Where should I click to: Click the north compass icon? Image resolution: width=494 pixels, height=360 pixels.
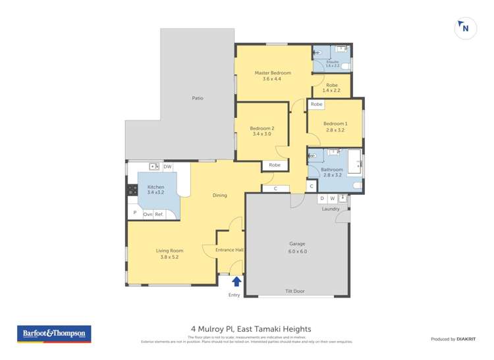coord(465,28)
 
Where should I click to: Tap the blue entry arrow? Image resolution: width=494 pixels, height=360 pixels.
coord(236,282)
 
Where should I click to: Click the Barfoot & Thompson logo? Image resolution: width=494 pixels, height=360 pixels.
coord(54,334)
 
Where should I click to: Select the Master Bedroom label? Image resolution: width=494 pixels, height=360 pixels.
coord(273,73)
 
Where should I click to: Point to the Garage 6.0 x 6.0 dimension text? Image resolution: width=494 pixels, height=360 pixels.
coord(297,251)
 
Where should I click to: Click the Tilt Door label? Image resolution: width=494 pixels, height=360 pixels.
coord(294,291)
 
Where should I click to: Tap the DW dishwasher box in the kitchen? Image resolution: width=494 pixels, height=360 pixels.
coord(167,167)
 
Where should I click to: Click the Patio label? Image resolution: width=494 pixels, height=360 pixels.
coord(198,98)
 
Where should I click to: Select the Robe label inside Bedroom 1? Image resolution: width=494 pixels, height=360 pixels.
coord(316,105)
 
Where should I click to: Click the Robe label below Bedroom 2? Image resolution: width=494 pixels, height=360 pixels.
coord(275,165)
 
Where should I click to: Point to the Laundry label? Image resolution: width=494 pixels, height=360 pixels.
coord(331,209)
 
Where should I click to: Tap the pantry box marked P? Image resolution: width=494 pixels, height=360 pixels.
coord(134,213)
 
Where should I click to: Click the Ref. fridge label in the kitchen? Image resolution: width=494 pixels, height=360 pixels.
coord(159,214)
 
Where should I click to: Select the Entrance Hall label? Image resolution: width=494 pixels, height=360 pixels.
coord(231,249)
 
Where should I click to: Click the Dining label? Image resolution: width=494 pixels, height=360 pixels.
coord(219,195)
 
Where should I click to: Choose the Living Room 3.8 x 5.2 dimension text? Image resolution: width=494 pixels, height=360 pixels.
coord(169,257)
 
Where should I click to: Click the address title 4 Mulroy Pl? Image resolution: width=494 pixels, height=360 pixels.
coord(251,328)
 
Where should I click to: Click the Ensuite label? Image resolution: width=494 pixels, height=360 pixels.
coord(332,62)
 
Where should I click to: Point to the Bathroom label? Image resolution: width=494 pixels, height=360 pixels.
coord(332,169)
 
